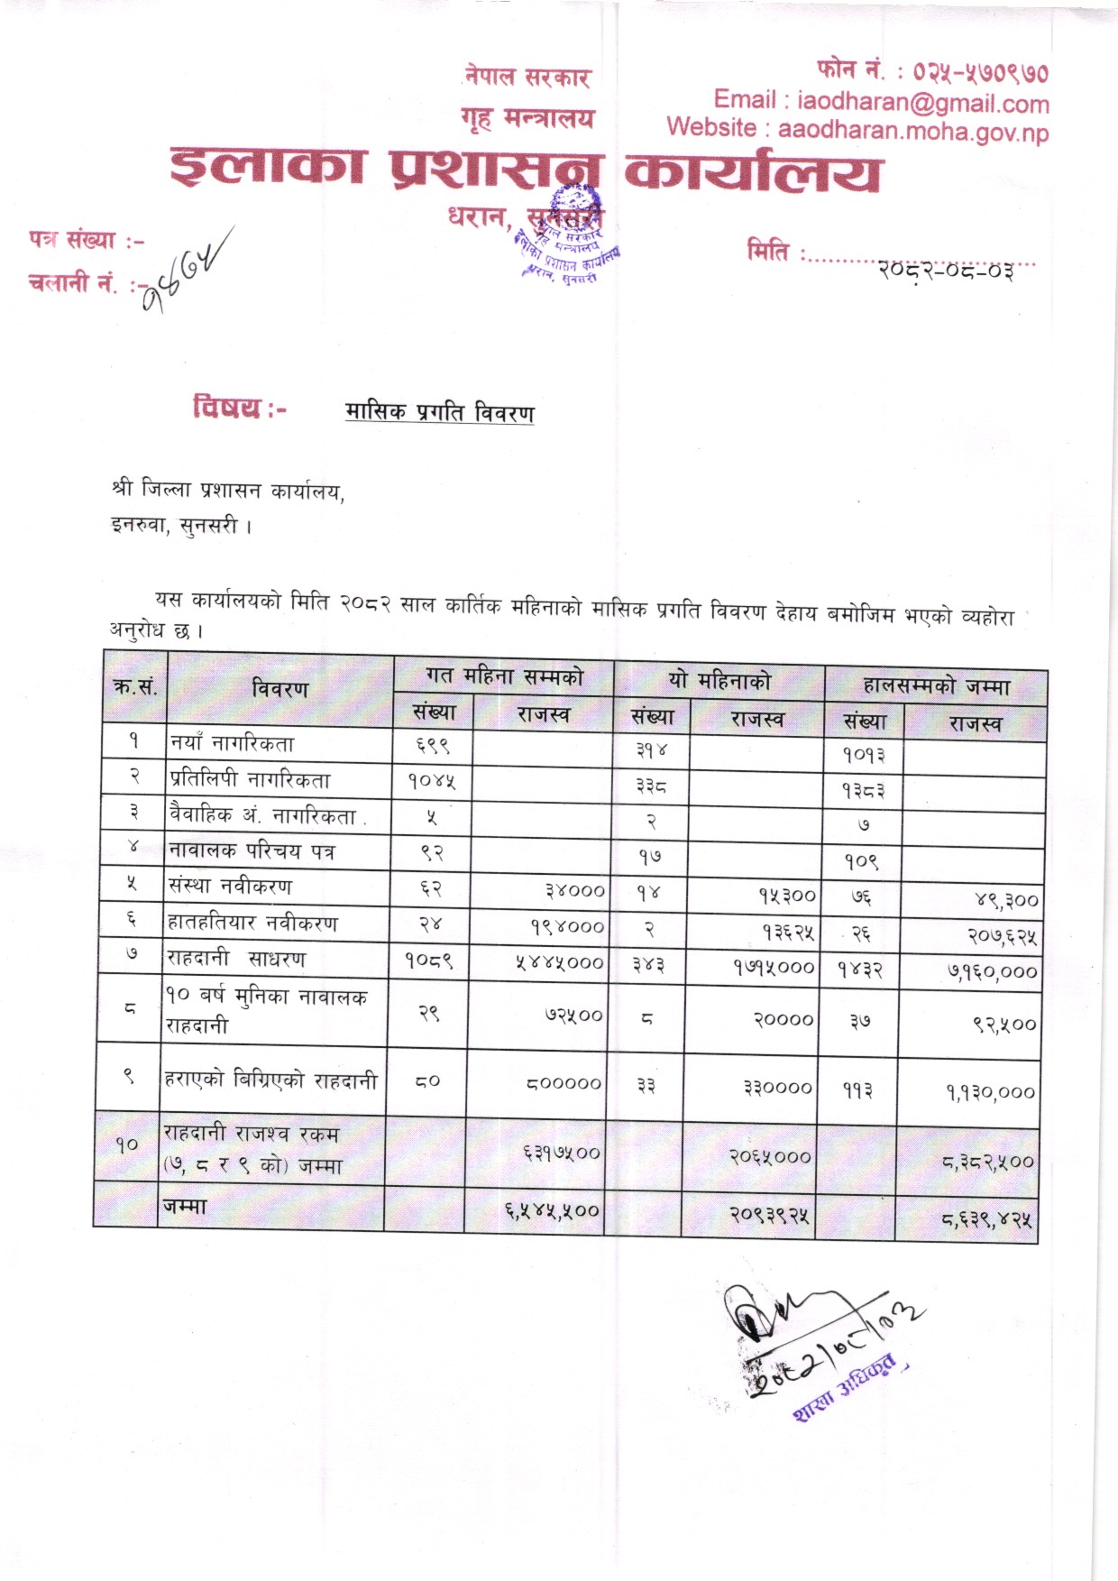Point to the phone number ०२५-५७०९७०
(x=980, y=71)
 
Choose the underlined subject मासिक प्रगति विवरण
(x=439, y=412)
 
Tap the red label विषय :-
(x=239, y=408)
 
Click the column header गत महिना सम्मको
(x=504, y=676)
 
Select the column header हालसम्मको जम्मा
(x=936, y=685)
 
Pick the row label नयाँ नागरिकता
(x=232, y=744)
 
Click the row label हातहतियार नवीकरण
(x=253, y=923)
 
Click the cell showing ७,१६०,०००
(x=992, y=972)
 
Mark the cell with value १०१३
(x=864, y=755)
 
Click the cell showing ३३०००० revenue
(x=777, y=1088)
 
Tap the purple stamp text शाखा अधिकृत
(x=845, y=1387)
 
